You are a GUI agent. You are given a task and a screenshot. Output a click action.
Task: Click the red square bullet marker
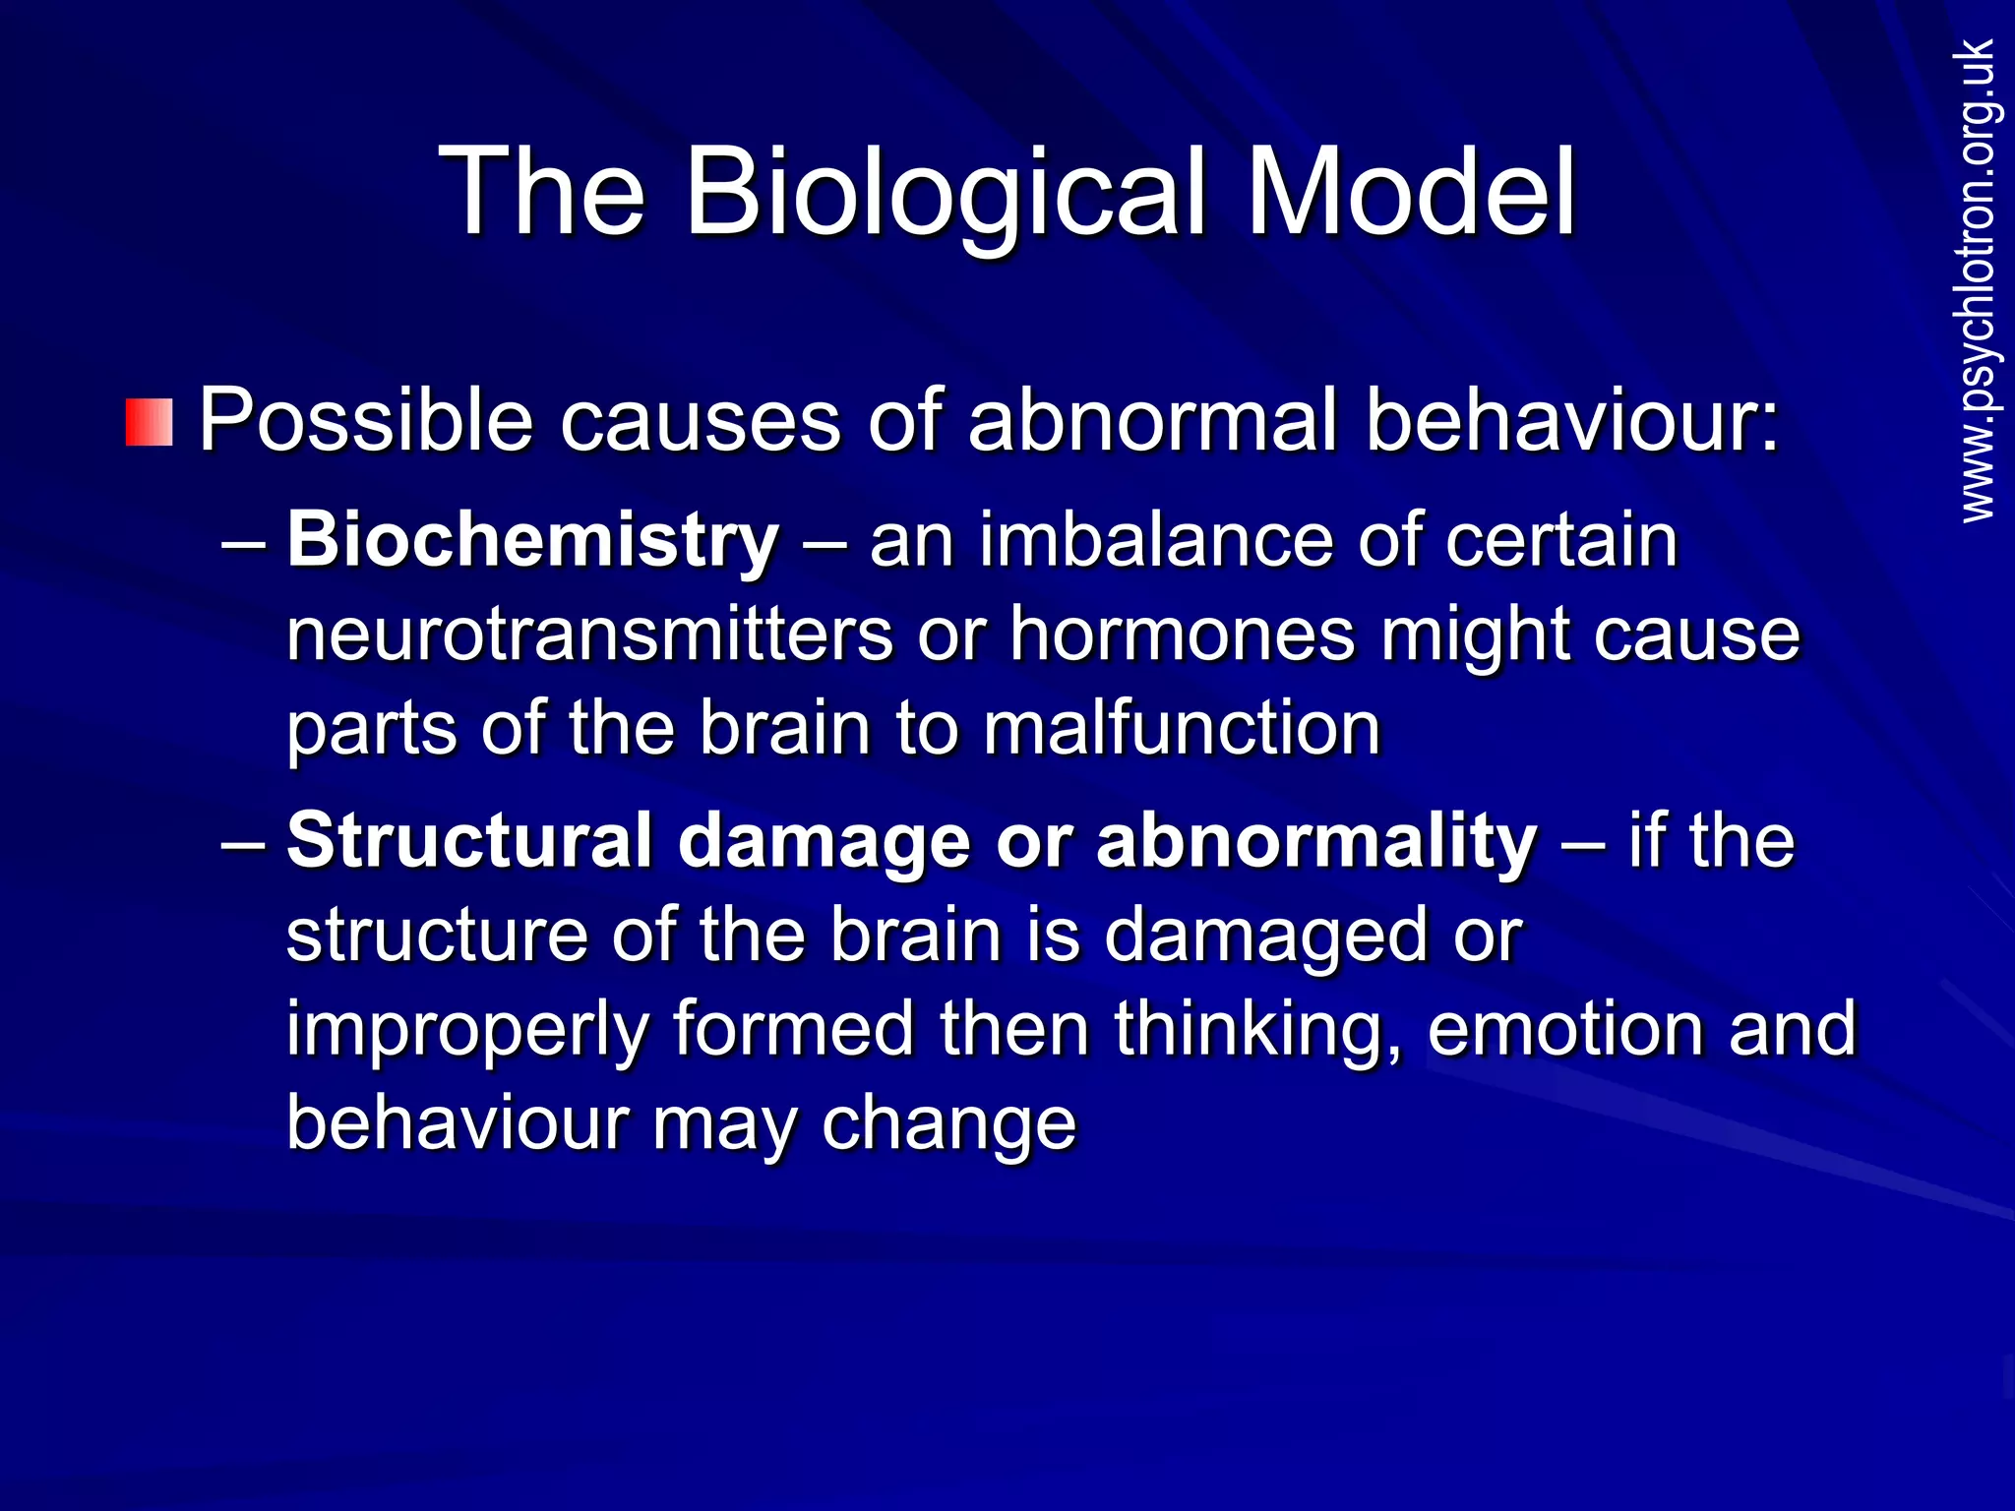pyautogui.click(x=150, y=423)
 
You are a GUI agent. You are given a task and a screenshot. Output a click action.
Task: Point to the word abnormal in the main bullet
pyautogui.click(x=1152, y=421)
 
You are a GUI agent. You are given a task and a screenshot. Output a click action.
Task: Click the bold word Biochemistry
pyautogui.click(x=532, y=541)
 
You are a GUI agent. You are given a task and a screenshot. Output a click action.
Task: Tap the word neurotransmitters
pyautogui.click(x=589, y=635)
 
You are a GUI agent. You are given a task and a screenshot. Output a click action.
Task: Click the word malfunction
pyautogui.click(x=1182, y=729)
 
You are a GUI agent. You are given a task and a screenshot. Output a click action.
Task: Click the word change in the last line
pyautogui.click(x=948, y=1123)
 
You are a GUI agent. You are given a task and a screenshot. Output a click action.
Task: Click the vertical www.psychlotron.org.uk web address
pyautogui.click(x=1978, y=280)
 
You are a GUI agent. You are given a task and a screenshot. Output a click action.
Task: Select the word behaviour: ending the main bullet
pyautogui.click(x=1572, y=421)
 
